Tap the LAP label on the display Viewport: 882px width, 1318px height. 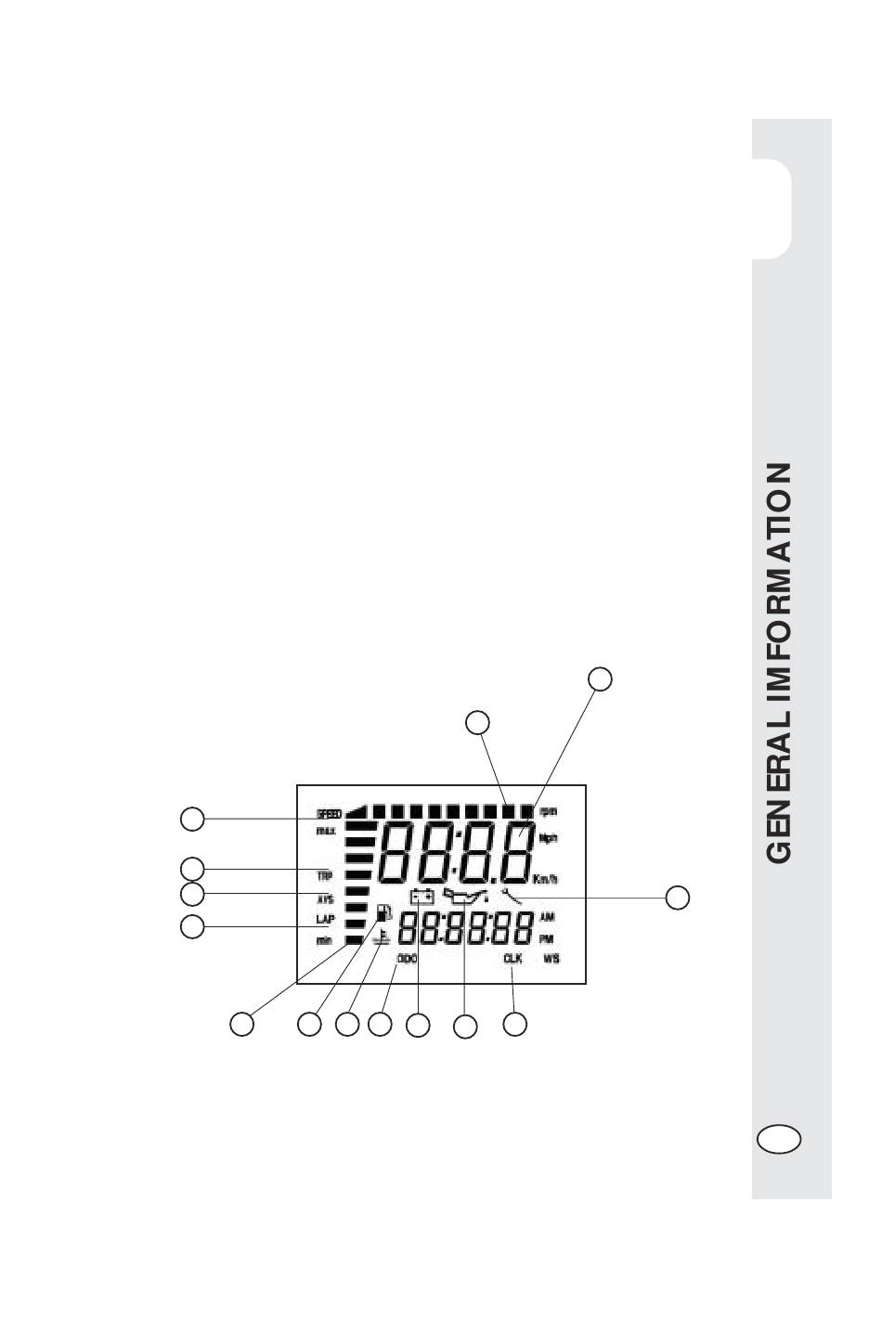pyautogui.click(x=325, y=920)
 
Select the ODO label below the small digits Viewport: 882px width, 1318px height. pyautogui.click(x=407, y=960)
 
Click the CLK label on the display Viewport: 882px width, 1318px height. pyautogui.click(x=512, y=960)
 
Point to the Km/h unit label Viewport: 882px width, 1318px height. pyautogui.click(x=545, y=879)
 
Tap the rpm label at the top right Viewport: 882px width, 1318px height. pyautogui.click(x=548, y=811)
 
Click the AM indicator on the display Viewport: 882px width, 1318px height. pyautogui.click(x=547, y=916)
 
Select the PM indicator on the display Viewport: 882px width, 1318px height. pyautogui.click(x=547, y=938)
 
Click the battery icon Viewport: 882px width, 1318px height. pyautogui.click(x=422, y=897)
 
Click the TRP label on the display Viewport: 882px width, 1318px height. pyautogui.click(x=325, y=875)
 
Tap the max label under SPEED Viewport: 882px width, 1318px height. pyautogui.click(x=325, y=831)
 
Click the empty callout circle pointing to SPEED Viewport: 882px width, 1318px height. pyautogui.click(x=192, y=818)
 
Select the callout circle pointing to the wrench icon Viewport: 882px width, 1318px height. pyautogui.click(x=679, y=897)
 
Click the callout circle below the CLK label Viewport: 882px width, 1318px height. pyautogui.click(x=515, y=1024)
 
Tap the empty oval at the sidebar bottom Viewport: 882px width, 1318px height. pyautogui.click(x=778, y=1139)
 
